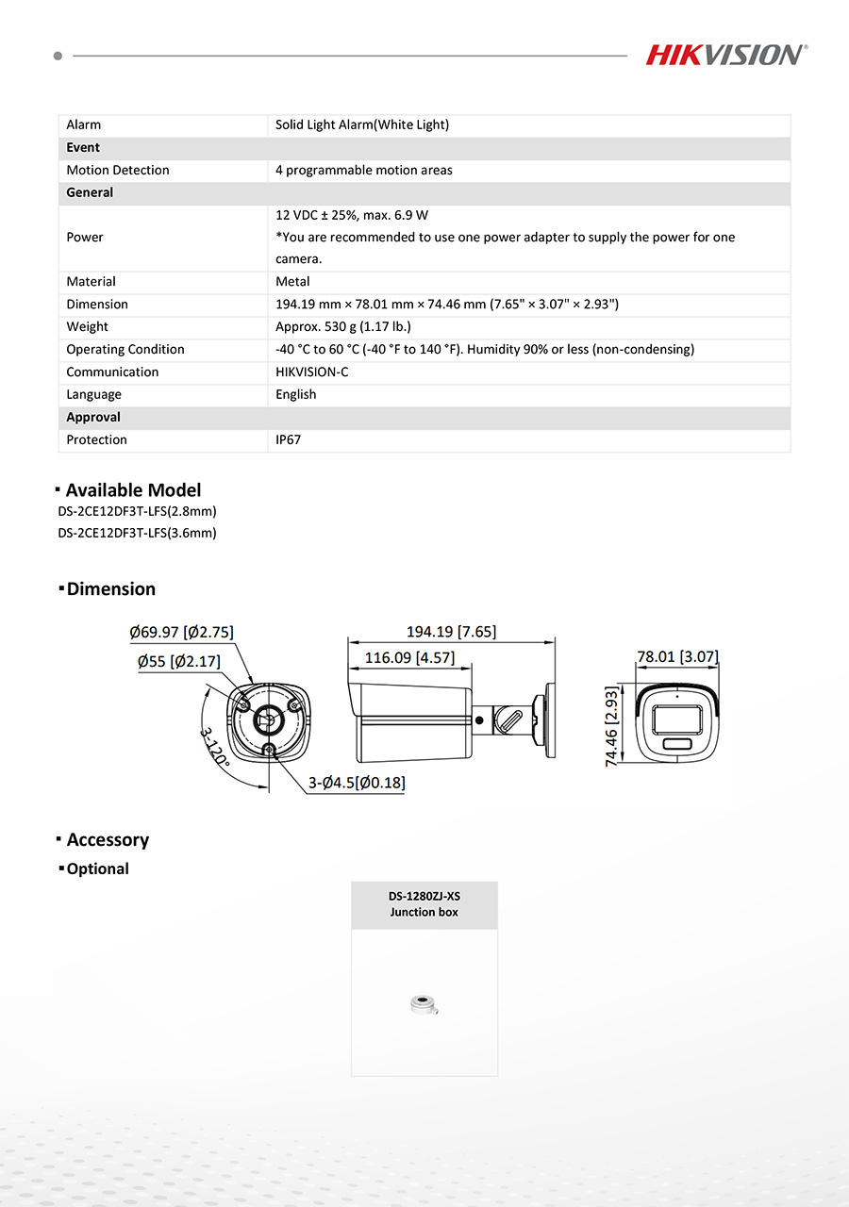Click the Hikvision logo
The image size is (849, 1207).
click(x=725, y=55)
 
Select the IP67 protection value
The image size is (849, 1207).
click(x=289, y=440)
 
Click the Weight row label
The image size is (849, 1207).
click(x=87, y=327)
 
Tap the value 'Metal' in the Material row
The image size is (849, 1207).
click(x=292, y=282)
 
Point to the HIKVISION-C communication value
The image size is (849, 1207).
click(x=311, y=372)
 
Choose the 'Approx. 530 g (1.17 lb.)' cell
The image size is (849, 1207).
click(x=343, y=327)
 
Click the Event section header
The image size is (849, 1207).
click(x=83, y=148)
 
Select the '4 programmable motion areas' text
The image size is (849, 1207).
click(x=364, y=171)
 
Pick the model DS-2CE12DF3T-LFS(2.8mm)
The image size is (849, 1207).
click(x=137, y=512)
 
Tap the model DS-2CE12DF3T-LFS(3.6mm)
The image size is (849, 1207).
click(x=137, y=533)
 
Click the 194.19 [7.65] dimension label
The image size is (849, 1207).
click(x=451, y=632)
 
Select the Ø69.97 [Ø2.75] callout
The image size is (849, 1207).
click(x=181, y=632)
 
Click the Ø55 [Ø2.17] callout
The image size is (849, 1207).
click(x=178, y=662)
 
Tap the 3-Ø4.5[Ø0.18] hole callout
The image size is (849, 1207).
click(x=358, y=783)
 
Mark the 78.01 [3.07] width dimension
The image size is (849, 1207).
click(x=677, y=656)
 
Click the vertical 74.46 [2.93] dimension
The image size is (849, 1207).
click(x=611, y=726)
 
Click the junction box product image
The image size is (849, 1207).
click(x=424, y=1005)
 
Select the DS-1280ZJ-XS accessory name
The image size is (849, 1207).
click(x=424, y=897)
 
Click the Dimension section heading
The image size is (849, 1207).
click(x=110, y=589)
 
